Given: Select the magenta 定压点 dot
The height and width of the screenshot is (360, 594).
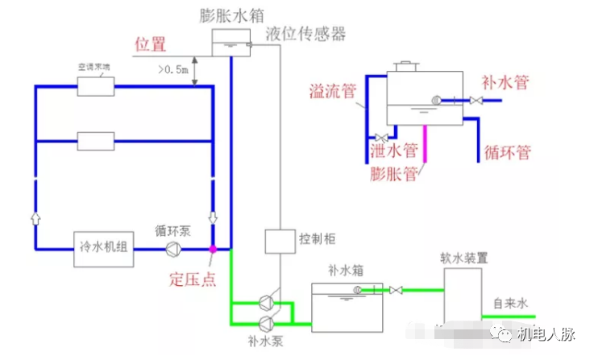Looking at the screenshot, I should (213, 249).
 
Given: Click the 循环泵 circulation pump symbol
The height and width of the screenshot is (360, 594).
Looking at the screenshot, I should (172, 249).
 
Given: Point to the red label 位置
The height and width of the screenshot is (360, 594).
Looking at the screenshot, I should (151, 44).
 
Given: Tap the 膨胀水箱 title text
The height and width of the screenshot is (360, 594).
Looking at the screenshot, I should (234, 14).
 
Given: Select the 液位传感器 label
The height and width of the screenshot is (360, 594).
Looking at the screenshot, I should (305, 34).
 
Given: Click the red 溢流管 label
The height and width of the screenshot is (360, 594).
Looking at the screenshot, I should (332, 90).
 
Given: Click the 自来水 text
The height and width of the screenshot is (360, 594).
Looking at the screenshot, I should (509, 304).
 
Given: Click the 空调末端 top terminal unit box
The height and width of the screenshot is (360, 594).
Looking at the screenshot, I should (95, 86).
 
